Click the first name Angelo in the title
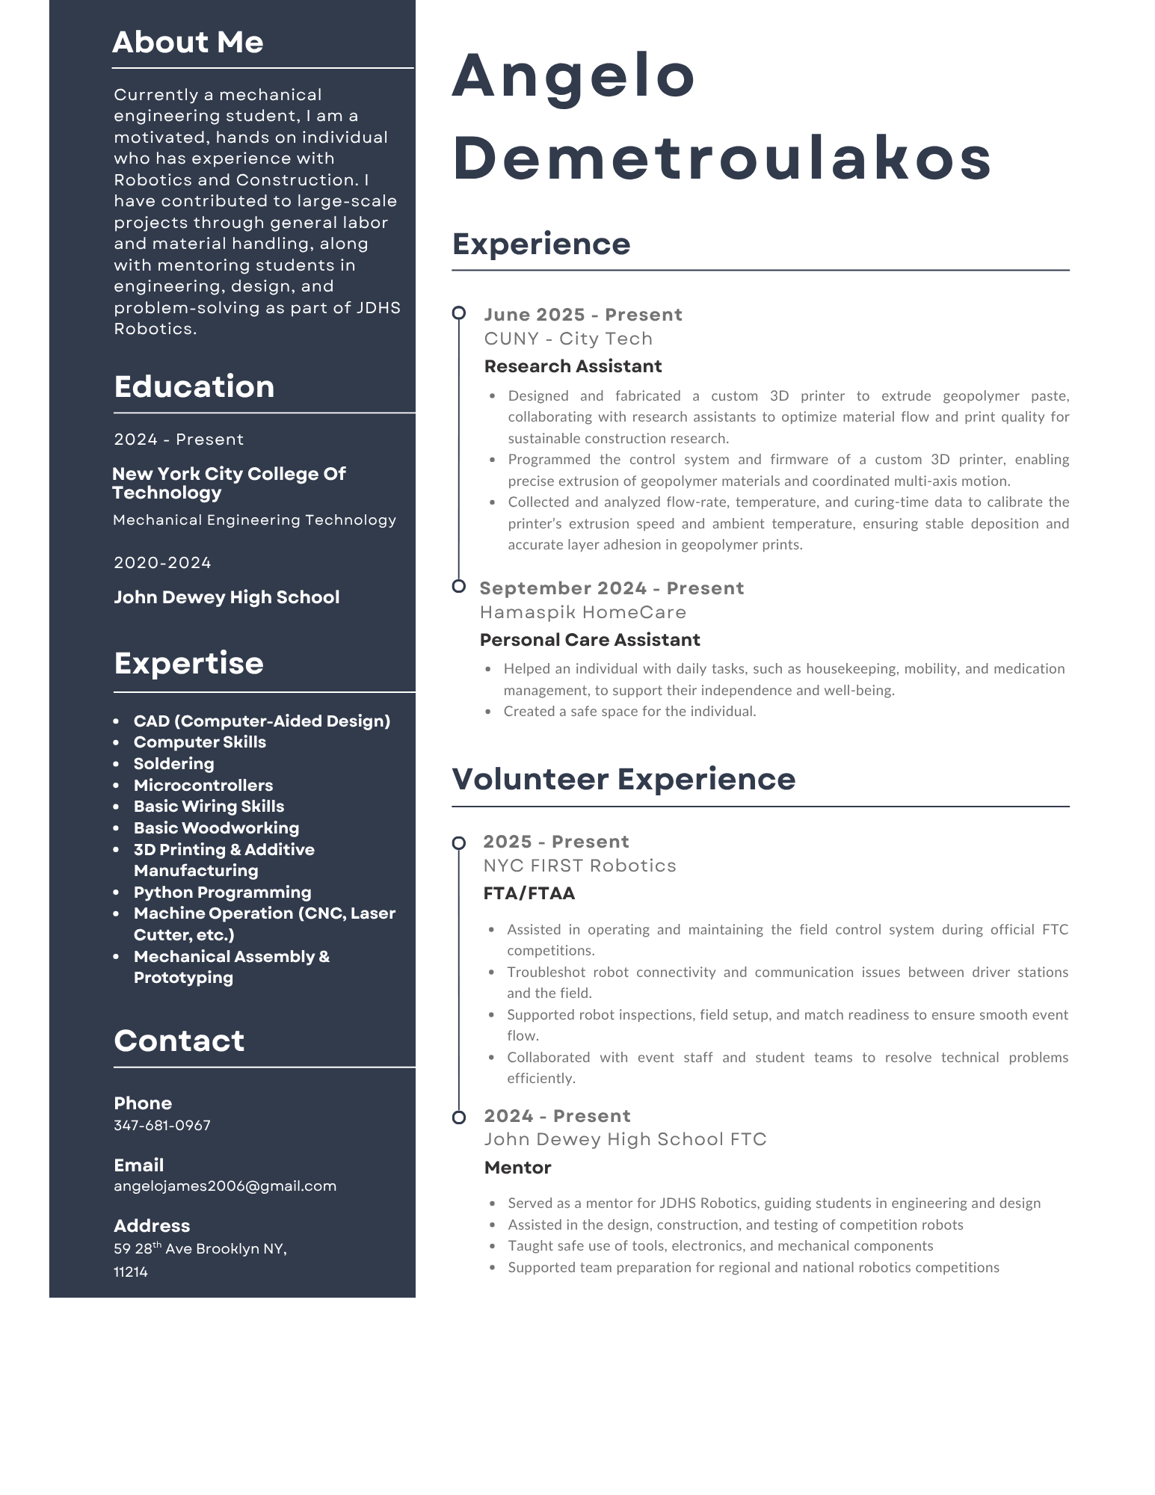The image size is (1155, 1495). tap(573, 76)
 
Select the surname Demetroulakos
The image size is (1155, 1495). tap(722, 158)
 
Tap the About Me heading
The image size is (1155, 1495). tap(188, 43)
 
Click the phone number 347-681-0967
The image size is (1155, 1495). tap(162, 1125)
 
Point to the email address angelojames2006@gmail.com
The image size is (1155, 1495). tap(225, 1186)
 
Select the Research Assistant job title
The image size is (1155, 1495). tap(573, 366)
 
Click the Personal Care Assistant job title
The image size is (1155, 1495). tap(590, 640)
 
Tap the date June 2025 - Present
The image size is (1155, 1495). tap(583, 315)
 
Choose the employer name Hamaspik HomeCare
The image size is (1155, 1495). tap(583, 612)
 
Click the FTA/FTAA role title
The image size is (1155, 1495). tap(529, 893)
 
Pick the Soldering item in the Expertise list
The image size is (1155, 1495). tap(173, 764)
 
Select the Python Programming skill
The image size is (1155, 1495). tap(222, 893)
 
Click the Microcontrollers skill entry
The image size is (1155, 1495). tap(203, 786)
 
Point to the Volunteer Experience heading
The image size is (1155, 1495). tap(623, 779)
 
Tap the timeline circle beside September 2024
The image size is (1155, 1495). tap(459, 587)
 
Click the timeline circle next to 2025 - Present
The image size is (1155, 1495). tap(459, 843)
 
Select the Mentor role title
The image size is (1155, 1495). tap(517, 1168)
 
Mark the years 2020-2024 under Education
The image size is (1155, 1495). tap(162, 563)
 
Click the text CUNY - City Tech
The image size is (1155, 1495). tap(568, 339)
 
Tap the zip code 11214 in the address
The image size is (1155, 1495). tap(131, 1272)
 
